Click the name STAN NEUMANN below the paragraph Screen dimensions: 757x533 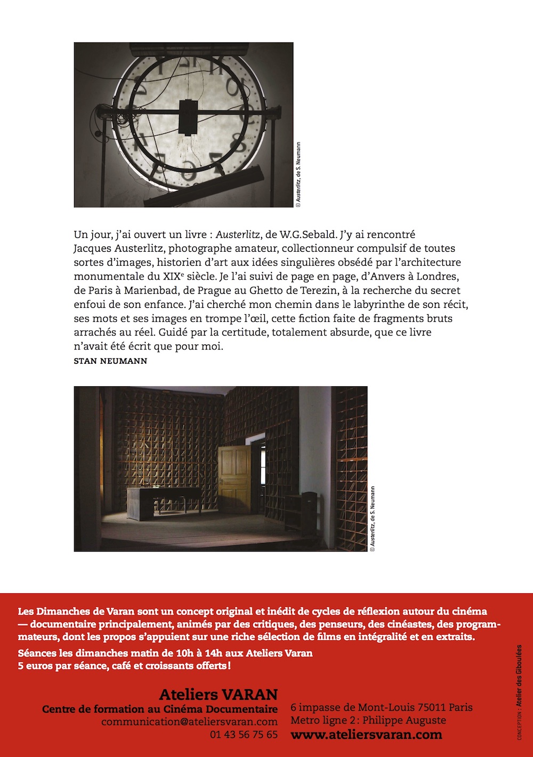(x=110, y=361)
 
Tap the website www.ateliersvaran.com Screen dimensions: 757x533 (x=366, y=735)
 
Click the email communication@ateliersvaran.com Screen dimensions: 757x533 (x=189, y=722)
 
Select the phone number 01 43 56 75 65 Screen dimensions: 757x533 (x=244, y=735)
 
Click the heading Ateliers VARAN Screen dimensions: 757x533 (x=218, y=695)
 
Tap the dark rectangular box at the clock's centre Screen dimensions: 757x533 (x=188, y=116)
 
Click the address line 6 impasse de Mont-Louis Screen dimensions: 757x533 (x=381, y=708)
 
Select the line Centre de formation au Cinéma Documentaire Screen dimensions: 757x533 (x=159, y=710)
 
